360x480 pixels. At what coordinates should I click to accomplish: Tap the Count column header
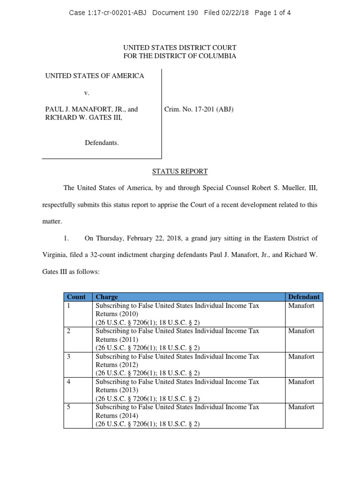tap(76, 297)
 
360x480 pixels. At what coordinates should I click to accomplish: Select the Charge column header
tap(107, 297)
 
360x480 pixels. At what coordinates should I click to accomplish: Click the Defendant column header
tap(304, 297)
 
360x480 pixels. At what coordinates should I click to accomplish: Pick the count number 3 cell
tap(69, 357)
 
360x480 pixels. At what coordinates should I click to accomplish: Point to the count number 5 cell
tap(69, 407)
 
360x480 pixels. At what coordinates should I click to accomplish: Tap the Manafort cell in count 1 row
tap(301, 306)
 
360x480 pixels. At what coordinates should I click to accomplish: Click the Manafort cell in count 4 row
tap(301, 382)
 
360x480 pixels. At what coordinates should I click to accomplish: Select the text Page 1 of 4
tap(273, 13)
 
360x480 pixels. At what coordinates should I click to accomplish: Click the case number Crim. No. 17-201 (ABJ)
tap(199, 109)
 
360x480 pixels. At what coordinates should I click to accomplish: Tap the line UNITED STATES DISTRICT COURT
tap(180, 48)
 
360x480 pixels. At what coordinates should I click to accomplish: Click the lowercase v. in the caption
tap(87, 93)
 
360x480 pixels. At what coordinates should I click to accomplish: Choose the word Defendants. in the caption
tap(102, 142)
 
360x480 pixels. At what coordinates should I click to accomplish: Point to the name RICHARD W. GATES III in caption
tap(83, 118)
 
